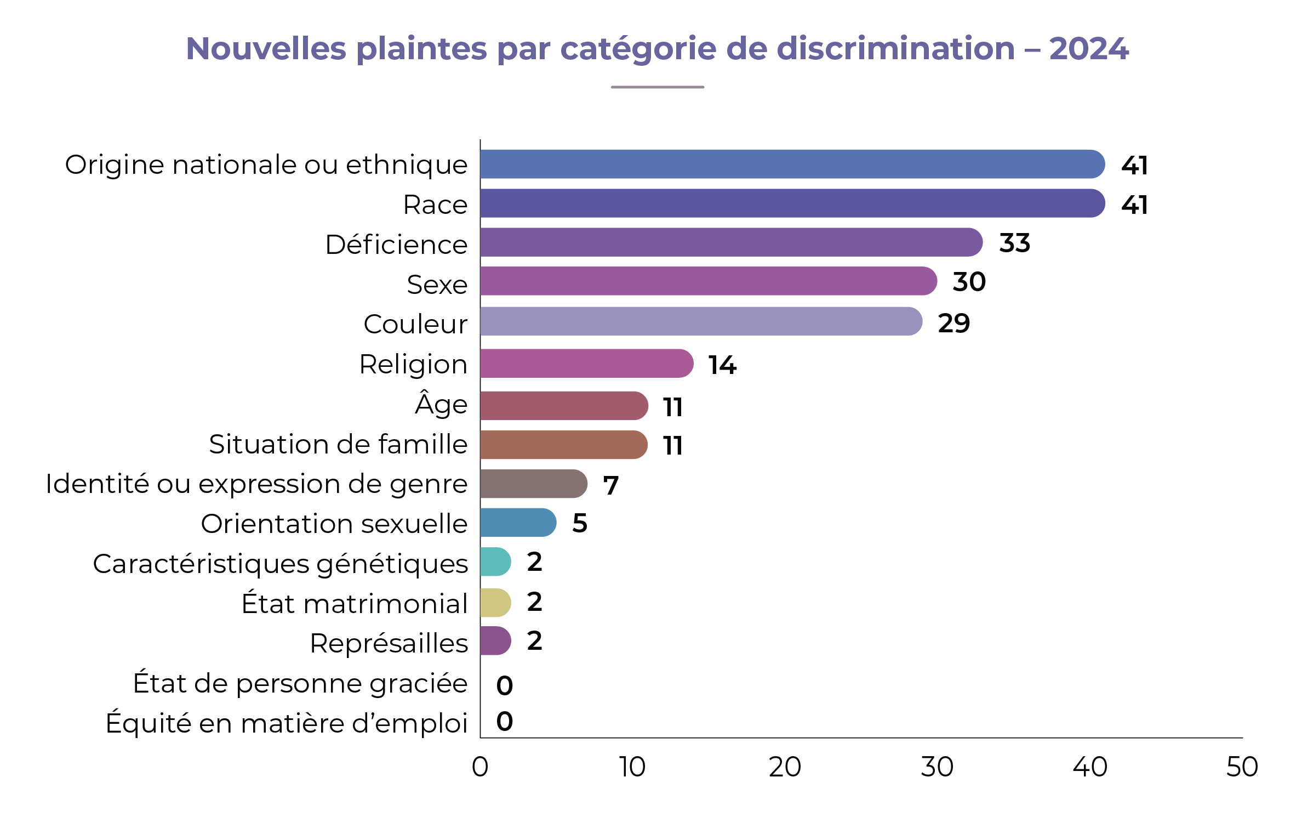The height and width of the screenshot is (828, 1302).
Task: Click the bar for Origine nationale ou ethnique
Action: [x=792, y=164]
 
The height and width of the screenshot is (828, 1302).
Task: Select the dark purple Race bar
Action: [x=792, y=203]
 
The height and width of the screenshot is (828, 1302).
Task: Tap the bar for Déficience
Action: [x=731, y=242]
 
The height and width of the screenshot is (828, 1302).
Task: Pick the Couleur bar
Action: [x=701, y=321]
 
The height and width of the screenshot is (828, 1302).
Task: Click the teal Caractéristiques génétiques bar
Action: [x=495, y=562]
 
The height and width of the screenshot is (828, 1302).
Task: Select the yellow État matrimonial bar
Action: [x=495, y=603]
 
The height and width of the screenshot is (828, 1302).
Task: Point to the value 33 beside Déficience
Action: [x=1014, y=243]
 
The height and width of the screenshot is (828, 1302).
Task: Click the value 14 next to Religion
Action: [x=722, y=365]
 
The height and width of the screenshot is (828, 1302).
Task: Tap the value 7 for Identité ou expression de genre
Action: [x=610, y=485]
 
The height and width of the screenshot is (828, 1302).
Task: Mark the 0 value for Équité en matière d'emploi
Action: [x=504, y=722]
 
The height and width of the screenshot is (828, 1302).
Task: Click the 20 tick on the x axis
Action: [x=785, y=767]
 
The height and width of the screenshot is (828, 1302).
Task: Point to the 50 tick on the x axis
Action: [x=1242, y=767]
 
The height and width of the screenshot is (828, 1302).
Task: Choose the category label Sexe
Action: [x=437, y=285]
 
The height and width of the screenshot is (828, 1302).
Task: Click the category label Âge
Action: [x=441, y=404]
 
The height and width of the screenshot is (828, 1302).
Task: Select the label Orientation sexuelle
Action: [x=334, y=524]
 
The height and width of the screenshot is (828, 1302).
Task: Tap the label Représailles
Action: [x=389, y=644]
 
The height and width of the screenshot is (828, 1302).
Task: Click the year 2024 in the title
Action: [x=1088, y=49]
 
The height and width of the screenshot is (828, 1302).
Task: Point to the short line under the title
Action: [x=657, y=87]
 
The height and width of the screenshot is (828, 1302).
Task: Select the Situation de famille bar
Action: [x=563, y=445]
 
